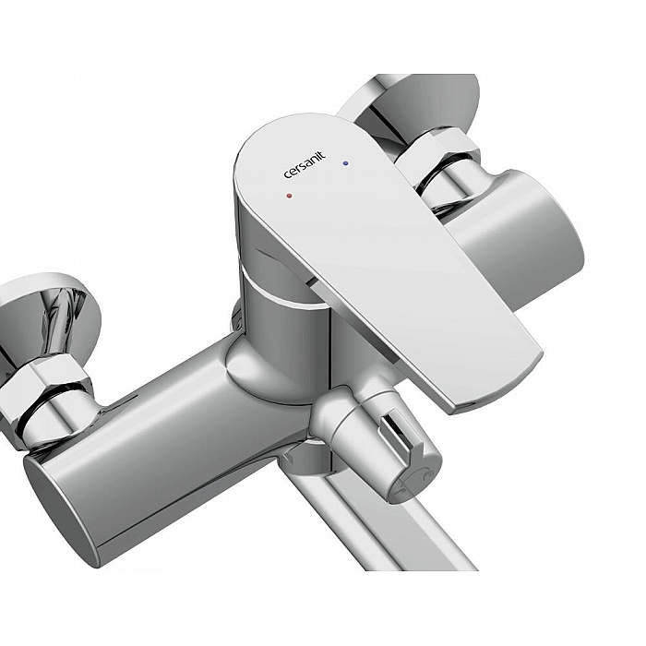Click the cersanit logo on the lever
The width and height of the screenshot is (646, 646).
click(x=305, y=165)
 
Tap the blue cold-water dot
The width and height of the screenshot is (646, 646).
click(x=345, y=163)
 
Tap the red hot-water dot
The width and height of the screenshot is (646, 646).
click(x=289, y=196)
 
